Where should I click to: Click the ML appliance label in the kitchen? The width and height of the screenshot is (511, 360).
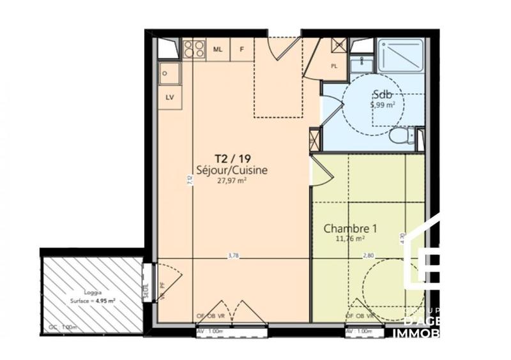click(218, 49)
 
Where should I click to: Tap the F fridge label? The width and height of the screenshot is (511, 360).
click(241, 49)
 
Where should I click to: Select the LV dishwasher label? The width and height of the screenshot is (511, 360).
click(169, 97)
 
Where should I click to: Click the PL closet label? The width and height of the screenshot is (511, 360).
click(333, 66)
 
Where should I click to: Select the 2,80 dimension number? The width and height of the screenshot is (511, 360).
click(369, 255)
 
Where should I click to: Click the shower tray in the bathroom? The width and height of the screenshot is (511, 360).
click(400, 55)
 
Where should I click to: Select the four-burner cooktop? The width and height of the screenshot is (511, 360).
click(193, 49)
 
